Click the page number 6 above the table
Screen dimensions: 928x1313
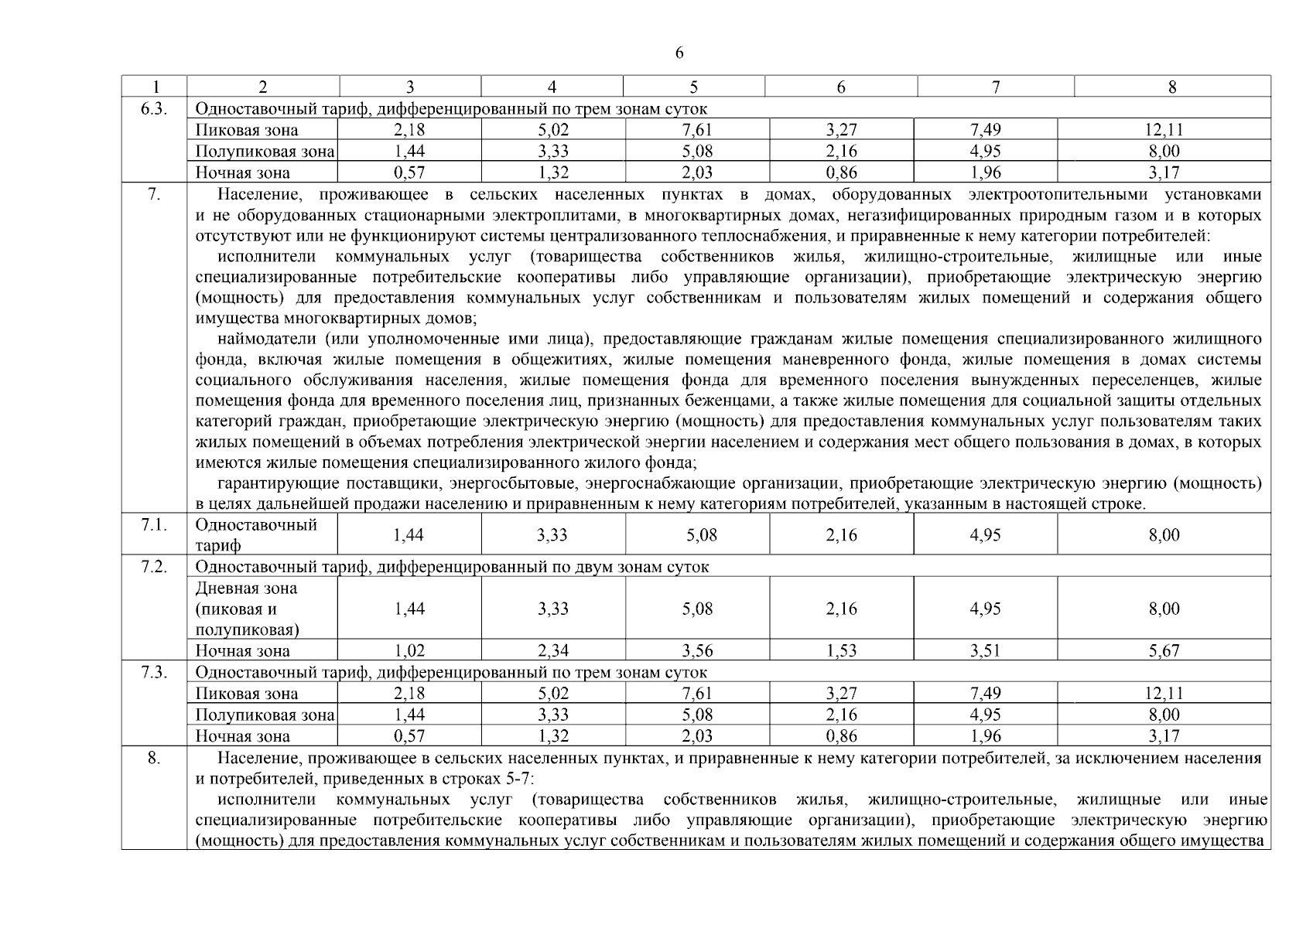[679, 53]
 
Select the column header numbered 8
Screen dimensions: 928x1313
[1171, 87]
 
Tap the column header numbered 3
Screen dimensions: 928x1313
[410, 87]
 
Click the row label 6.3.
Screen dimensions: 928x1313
[154, 109]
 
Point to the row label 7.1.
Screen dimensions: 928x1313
[154, 525]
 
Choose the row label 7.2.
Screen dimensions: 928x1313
[154, 567]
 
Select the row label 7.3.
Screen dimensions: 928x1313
[154, 672]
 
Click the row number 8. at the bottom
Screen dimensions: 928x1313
[154, 758]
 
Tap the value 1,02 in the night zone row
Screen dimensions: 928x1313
[409, 651]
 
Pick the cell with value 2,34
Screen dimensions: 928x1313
[553, 651]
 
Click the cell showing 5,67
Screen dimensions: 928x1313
[1164, 651]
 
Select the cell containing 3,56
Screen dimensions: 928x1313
[697, 651]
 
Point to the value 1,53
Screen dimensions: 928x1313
[841, 651]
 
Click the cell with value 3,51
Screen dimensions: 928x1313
[985, 651]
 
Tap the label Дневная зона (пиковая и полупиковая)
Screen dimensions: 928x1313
[247, 609]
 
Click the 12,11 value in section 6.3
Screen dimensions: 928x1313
[1164, 131]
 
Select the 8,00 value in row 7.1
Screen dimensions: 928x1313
[1164, 535]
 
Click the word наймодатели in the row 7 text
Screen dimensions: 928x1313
[268, 339]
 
